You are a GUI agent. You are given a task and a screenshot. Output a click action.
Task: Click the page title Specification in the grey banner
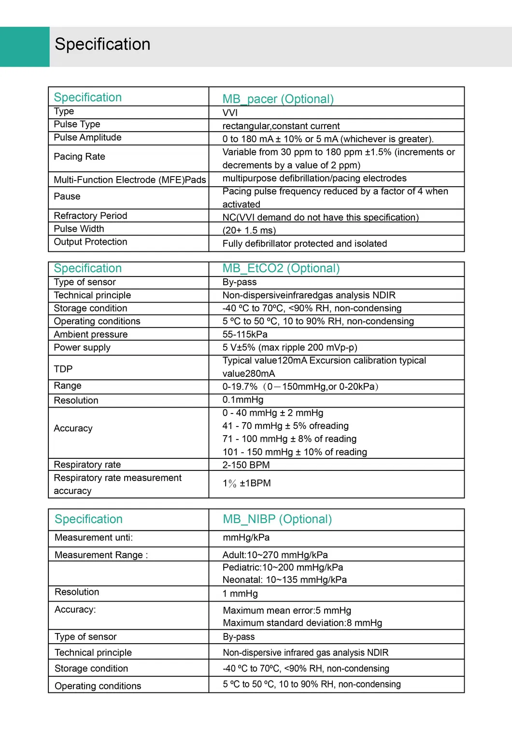click(x=102, y=44)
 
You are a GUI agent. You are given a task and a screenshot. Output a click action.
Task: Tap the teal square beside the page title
click(x=25, y=46)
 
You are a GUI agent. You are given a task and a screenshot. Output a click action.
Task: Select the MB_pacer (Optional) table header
click(x=278, y=99)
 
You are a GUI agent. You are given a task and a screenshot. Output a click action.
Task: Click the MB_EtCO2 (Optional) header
click(x=281, y=268)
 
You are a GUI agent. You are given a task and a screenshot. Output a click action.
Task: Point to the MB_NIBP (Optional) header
click(x=277, y=519)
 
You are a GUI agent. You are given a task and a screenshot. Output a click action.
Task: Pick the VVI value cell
click(x=230, y=113)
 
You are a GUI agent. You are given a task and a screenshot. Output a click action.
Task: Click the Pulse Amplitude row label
click(x=87, y=138)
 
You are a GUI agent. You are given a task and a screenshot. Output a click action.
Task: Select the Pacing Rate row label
click(x=79, y=157)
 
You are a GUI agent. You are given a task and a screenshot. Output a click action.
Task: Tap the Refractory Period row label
click(x=90, y=216)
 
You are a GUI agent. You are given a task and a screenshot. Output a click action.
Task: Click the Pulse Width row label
click(x=79, y=229)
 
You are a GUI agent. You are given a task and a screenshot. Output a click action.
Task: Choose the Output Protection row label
click(x=90, y=242)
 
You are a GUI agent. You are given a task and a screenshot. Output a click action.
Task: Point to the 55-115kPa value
click(x=245, y=334)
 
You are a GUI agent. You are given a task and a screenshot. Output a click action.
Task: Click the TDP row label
click(x=63, y=369)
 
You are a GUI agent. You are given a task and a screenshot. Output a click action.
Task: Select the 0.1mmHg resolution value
click(x=243, y=400)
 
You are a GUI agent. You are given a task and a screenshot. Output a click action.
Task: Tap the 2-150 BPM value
click(x=246, y=465)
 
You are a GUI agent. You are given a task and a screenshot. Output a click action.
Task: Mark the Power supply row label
click(x=82, y=347)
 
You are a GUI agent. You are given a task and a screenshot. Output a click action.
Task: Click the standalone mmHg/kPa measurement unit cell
click(x=246, y=537)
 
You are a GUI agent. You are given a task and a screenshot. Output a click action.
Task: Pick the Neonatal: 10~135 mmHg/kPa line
click(x=284, y=580)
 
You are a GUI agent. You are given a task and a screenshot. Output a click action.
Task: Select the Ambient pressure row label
click(x=91, y=334)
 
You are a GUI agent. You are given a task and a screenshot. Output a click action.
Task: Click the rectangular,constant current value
click(x=281, y=126)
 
